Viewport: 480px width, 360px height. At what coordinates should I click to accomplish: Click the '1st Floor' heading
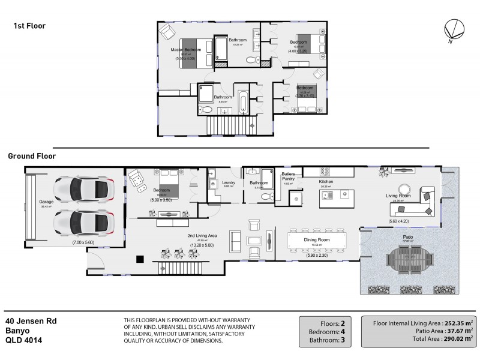[x=29, y=26]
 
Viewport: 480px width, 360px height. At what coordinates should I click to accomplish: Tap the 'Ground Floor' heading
[x=31, y=156]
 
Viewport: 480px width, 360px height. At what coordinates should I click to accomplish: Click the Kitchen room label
[x=326, y=182]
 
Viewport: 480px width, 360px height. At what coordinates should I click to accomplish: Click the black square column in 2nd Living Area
[x=140, y=259]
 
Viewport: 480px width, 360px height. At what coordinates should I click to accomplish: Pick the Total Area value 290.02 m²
[x=456, y=338]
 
